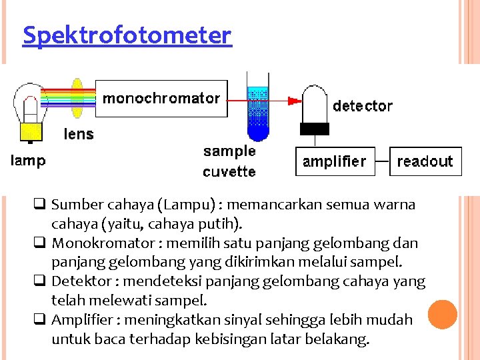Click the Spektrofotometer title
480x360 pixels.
point(127,35)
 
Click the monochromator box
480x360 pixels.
point(161,99)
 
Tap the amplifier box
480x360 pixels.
point(335,161)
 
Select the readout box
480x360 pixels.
point(425,161)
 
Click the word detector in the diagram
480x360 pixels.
point(363,105)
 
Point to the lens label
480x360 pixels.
point(79,134)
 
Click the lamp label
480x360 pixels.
point(27,161)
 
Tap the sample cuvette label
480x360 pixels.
point(229,161)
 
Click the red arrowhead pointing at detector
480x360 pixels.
point(293,101)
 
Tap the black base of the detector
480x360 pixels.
point(316,129)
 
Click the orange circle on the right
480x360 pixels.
point(442,315)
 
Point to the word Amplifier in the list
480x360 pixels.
point(79,320)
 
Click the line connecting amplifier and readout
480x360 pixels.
point(381,161)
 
